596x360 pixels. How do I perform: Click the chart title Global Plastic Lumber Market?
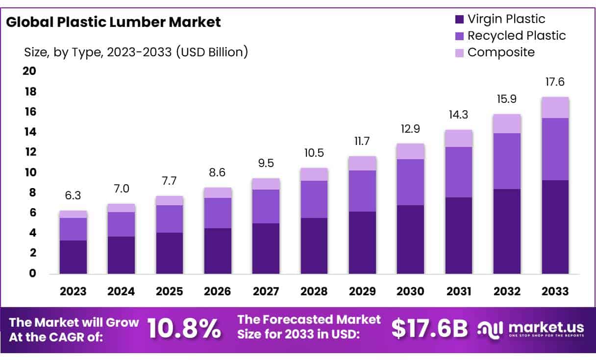click(113, 22)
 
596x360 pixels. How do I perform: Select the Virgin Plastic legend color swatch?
click(459, 20)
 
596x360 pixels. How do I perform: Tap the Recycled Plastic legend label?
click(516, 36)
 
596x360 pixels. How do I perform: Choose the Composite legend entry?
click(500, 52)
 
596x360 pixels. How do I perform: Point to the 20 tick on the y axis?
click(29, 72)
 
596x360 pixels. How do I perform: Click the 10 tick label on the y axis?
click(29, 172)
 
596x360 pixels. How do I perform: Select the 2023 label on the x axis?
click(73, 291)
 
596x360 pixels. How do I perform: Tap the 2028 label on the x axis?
click(314, 291)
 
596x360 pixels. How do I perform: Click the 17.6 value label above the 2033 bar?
click(555, 82)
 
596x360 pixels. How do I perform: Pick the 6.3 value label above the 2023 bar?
click(73, 196)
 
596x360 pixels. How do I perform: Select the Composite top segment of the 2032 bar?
click(507, 123)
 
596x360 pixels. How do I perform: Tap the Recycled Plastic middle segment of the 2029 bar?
click(362, 191)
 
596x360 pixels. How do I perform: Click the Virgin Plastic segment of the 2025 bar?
click(170, 253)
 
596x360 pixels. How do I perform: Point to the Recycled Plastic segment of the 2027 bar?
click(266, 206)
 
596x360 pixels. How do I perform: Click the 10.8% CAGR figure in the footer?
click(184, 329)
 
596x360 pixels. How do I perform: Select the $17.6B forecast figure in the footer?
click(430, 329)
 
